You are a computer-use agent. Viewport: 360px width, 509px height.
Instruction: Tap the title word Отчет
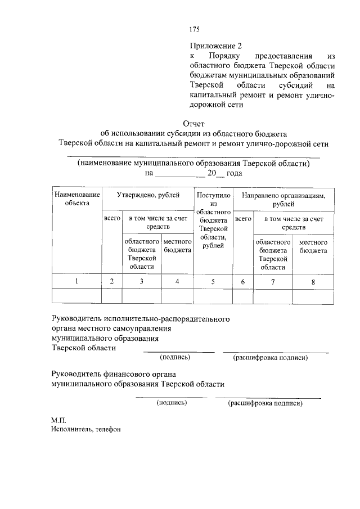[194, 124]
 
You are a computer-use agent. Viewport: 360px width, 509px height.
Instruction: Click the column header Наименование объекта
[76, 199]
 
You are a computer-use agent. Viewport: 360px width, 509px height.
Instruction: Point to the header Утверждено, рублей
[147, 195]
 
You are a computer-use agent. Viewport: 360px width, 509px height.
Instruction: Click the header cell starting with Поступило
[213, 220]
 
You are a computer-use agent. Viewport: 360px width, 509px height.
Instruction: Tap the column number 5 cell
[213, 281]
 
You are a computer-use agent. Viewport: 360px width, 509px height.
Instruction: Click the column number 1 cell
[76, 281]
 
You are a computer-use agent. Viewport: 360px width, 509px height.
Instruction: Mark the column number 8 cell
[313, 281]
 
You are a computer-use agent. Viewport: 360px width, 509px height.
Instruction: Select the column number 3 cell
[142, 281]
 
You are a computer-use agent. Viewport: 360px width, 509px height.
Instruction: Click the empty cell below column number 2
[112, 296]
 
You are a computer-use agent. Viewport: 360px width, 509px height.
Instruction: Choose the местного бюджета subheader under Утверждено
[177, 246]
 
